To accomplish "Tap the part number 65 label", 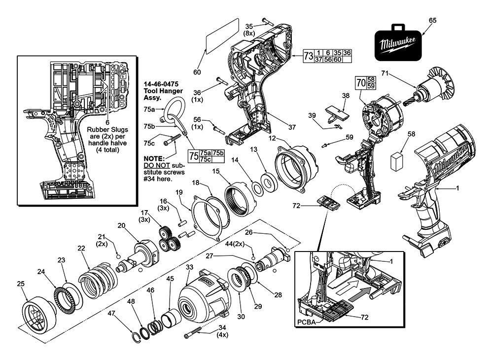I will (x=432, y=20).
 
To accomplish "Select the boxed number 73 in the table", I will (x=308, y=56).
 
